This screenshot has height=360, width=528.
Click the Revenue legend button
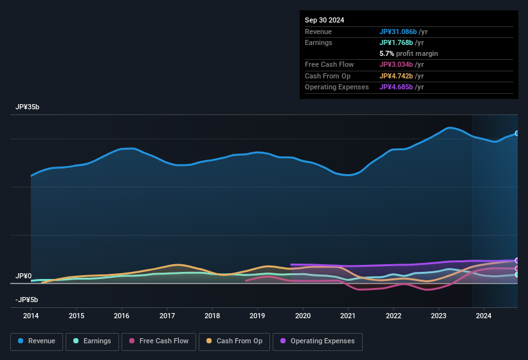click(x=37, y=341)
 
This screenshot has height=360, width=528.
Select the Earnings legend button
click(x=91, y=341)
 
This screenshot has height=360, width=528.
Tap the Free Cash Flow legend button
click(x=159, y=341)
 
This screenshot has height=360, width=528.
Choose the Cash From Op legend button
click(x=234, y=341)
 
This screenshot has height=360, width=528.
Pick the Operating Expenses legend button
click(x=318, y=341)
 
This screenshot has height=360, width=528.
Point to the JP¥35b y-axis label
click(x=27, y=107)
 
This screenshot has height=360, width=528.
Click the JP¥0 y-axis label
click(x=23, y=276)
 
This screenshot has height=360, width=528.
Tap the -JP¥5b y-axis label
click(x=26, y=300)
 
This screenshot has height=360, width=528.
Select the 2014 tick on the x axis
click(x=31, y=316)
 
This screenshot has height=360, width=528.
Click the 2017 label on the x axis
click(x=167, y=316)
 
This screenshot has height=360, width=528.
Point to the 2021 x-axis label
click(x=348, y=316)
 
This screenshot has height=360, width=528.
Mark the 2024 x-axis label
click(x=484, y=316)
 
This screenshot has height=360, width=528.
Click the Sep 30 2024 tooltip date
click(x=325, y=20)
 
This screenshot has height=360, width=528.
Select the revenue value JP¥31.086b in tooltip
click(x=403, y=32)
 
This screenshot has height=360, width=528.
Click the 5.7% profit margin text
click(x=408, y=53)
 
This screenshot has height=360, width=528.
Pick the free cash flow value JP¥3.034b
click(x=401, y=64)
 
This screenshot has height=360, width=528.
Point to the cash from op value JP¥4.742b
click(x=401, y=76)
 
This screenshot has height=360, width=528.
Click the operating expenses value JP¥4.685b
click(x=401, y=87)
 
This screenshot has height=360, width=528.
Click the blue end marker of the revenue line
click(x=517, y=133)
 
